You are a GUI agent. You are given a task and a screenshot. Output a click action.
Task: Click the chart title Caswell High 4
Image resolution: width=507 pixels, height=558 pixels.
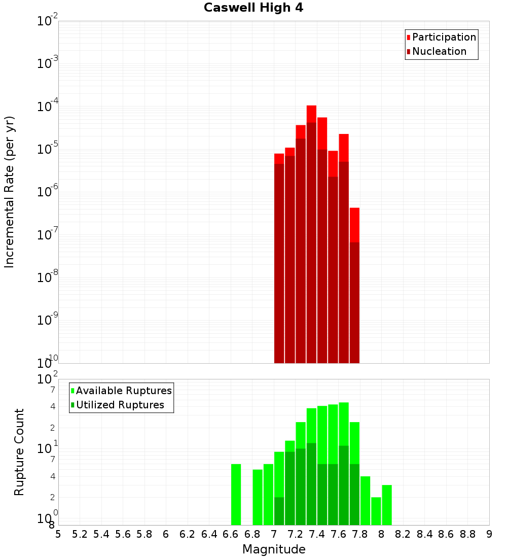point(253,8)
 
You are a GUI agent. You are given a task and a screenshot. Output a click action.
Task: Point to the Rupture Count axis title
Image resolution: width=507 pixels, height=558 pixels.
point(19,452)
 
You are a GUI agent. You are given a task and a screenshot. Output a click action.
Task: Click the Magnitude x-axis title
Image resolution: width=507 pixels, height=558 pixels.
point(274,549)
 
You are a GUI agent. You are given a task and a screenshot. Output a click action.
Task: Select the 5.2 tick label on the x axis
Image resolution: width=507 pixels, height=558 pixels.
point(80,534)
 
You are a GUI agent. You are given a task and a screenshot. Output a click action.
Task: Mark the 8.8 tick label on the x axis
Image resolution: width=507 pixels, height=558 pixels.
point(467,534)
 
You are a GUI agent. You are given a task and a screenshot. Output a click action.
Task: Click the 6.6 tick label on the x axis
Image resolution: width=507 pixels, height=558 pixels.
point(231,534)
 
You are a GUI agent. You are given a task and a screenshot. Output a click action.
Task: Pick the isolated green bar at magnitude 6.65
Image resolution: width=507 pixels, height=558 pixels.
point(236,495)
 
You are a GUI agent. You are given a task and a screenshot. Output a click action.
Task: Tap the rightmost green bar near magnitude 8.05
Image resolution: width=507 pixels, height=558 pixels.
point(387,505)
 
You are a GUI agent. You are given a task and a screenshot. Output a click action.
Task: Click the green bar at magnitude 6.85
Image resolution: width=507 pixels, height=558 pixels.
point(258,497)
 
